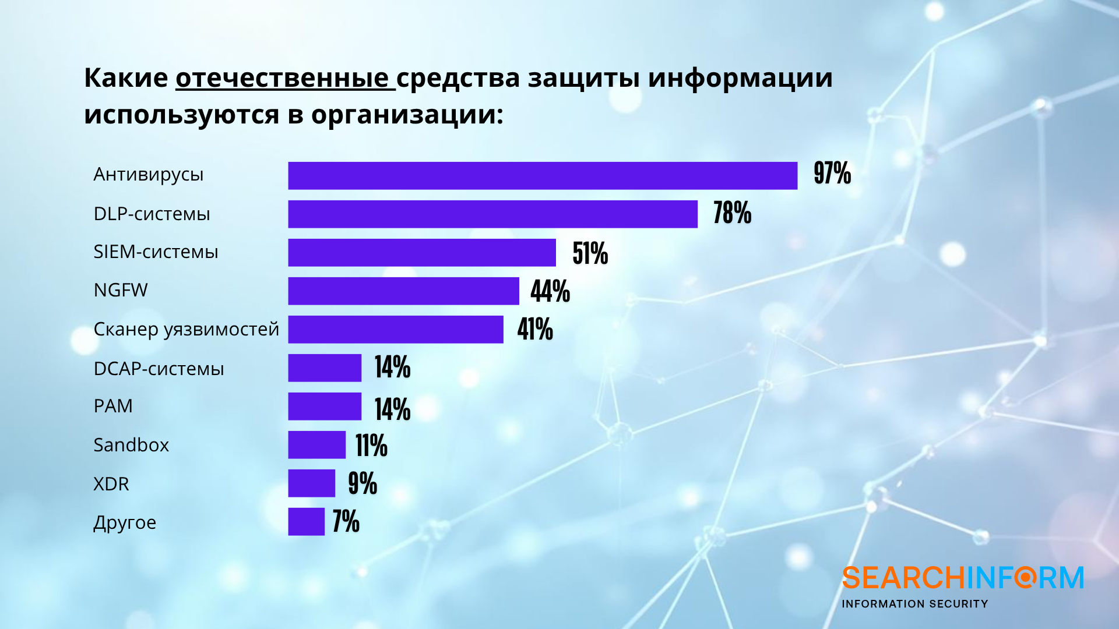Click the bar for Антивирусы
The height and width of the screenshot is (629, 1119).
point(542,176)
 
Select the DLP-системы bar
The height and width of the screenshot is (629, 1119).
point(492,214)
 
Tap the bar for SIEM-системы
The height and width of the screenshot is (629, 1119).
point(421,253)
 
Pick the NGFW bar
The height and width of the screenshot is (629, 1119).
point(403,291)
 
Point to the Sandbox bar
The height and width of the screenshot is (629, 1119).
point(316,445)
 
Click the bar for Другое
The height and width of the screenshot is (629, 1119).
point(306,522)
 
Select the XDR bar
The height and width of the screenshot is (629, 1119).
point(311,483)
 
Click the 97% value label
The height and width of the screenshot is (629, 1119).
point(832,174)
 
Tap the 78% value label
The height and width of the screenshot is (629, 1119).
point(732,213)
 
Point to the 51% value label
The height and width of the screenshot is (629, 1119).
point(590,253)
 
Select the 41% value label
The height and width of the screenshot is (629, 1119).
point(535,330)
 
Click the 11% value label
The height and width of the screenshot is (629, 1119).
point(371,446)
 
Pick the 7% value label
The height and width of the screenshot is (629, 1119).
point(346,522)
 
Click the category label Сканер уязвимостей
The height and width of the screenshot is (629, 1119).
point(186,330)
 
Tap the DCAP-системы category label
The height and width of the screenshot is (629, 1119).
point(159,369)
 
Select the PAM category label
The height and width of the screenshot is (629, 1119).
point(113,406)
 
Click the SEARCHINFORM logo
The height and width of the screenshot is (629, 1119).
point(962,578)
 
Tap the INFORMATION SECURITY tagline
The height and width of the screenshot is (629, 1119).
point(914,604)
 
